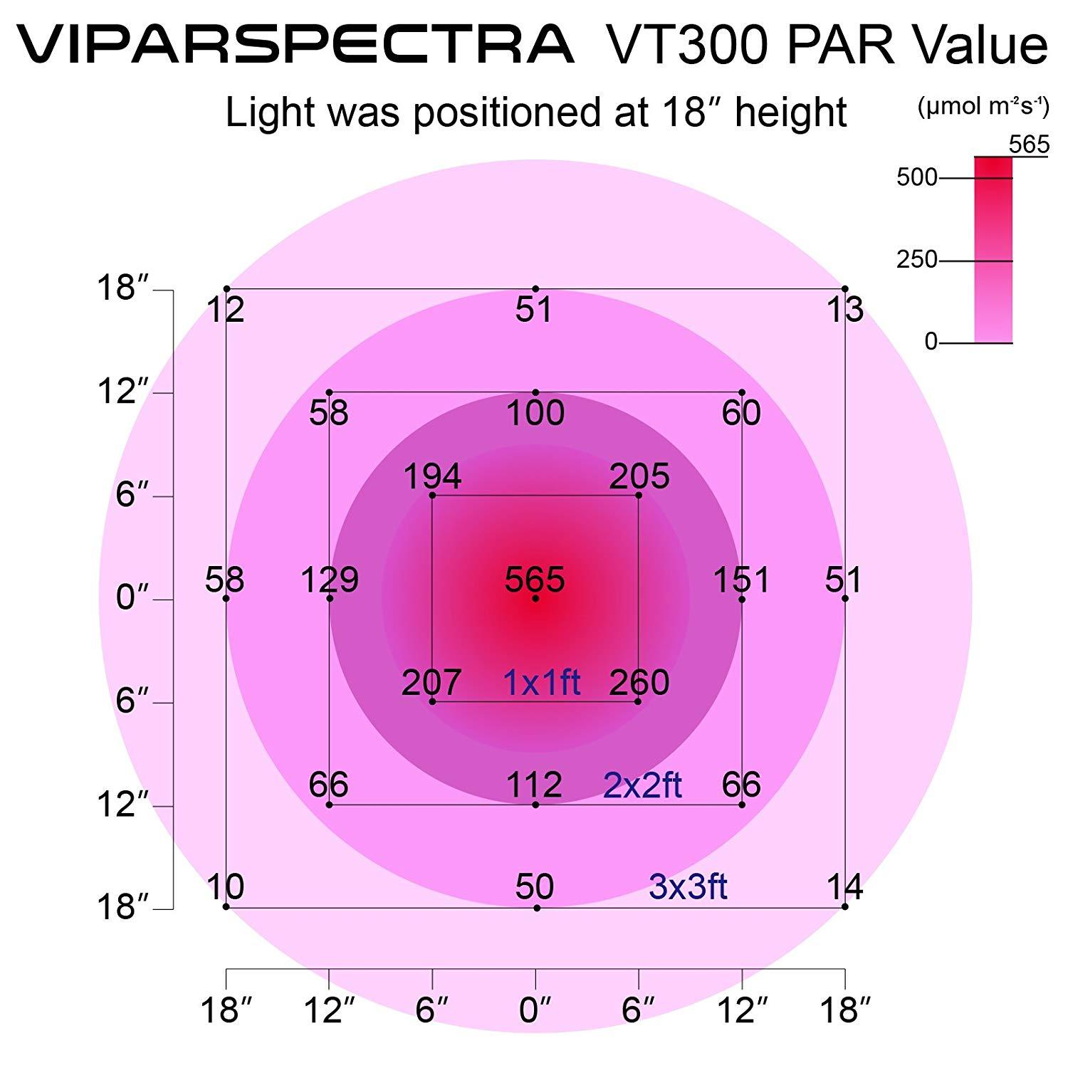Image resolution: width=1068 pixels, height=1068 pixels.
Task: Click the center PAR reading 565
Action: tap(535, 580)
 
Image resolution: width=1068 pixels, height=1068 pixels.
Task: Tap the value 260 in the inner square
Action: tap(639, 683)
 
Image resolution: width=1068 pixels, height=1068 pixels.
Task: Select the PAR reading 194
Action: tap(432, 477)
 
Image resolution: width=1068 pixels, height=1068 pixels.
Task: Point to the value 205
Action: tap(639, 477)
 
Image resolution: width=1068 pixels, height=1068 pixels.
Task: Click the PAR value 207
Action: tap(431, 683)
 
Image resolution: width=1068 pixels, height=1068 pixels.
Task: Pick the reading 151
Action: tap(742, 580)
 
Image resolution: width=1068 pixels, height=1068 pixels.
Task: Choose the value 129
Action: tap(330, 580)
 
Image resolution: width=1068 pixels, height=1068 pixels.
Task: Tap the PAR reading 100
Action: tap(535, 413)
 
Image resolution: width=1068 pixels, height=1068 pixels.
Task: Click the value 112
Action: tap(534, 785)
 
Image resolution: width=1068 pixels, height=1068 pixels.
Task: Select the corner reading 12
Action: tap(226, 310)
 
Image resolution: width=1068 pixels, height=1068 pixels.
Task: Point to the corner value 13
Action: tap(845, 310)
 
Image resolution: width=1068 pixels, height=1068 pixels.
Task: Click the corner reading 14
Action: tap(845, 887)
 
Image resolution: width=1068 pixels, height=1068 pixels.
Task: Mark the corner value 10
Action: tap(226, 887)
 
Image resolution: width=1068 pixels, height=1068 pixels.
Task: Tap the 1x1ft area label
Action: tap(542, 683)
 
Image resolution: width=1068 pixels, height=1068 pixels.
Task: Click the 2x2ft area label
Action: tap(642, 785)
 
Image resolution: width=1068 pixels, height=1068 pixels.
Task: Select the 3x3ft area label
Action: tap(688, 887)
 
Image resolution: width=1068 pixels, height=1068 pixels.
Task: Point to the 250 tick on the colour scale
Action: tap(917, 260)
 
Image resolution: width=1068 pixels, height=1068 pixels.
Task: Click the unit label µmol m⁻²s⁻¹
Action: tap(983, 108)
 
